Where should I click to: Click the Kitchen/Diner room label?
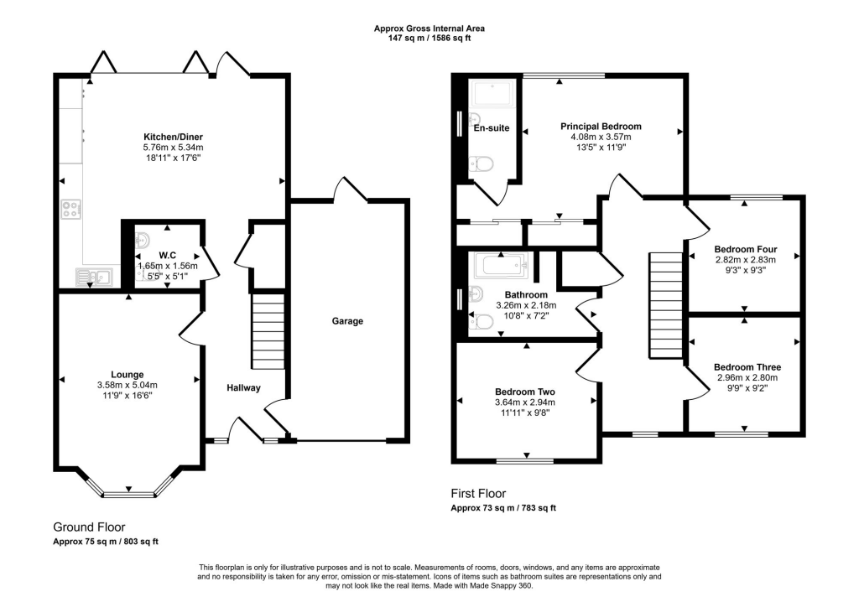tap(173, 137)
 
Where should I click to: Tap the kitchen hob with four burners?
tap(71, 209)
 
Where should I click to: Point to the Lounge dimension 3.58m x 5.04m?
tap(128, 385)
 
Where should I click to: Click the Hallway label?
tap(243, 387)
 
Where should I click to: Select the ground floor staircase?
tap(268, 330)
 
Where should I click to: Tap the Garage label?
tap(347, 320)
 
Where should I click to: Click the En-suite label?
tap(492, 128)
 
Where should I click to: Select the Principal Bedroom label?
tap(601, 127)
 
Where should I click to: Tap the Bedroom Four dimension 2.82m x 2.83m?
tap(745, 260)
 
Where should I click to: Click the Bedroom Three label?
tap(747, 367)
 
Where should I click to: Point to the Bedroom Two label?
tap(526, 392)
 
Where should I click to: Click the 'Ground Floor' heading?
tap(89, 527)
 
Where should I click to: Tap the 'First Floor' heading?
tap(478, 494)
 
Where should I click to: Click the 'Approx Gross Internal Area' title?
tap(429, 29)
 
